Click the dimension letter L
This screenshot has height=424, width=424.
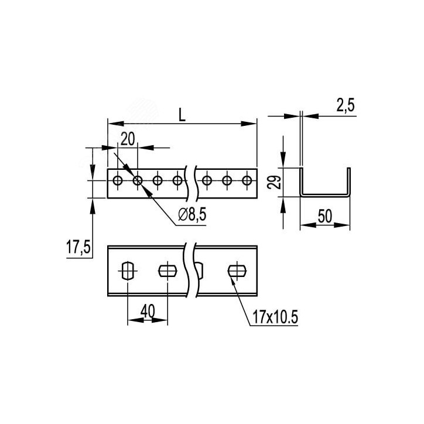pos(182,115)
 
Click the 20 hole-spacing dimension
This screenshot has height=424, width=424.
pos(128,139)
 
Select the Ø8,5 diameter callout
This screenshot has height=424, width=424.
pos(192,216)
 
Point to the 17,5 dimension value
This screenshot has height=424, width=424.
pos(77,248)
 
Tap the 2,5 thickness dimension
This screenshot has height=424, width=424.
pos(346,105)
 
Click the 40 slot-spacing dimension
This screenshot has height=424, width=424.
pos(147,312)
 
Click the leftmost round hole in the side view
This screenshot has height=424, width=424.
pos(118,180)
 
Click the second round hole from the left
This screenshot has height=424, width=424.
pos(138,180)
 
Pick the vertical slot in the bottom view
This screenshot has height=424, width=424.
pos(128,271)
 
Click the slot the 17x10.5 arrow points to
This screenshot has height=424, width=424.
pos(236,271)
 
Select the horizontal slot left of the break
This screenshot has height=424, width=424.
pos(167,271)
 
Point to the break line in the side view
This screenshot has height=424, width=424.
pos(189,182)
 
